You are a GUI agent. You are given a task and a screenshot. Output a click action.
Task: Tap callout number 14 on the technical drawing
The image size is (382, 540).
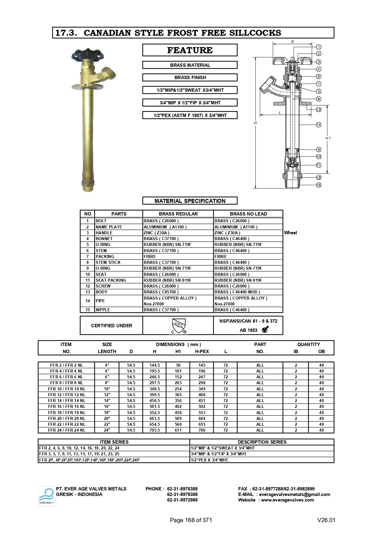[x=319, y=125]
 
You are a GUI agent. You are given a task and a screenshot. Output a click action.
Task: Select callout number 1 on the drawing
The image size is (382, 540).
[x=319, y=47]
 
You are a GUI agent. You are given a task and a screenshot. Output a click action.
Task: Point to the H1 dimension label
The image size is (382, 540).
[x=328, y=138]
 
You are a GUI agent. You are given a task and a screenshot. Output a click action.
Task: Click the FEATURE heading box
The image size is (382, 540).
[x=190, y=50]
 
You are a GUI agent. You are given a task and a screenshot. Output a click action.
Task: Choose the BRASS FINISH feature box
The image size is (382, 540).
[x=190, y=78]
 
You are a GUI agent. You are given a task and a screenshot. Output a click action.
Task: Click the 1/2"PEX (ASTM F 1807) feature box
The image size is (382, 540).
[x=190, y=115]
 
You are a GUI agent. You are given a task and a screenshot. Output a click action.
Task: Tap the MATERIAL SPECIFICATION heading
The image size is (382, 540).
[x=190, y=201]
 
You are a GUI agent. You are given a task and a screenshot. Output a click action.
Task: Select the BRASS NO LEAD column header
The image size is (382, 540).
[x=248, y=214]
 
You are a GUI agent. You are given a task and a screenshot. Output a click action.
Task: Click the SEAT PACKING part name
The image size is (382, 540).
[x=111, y=280]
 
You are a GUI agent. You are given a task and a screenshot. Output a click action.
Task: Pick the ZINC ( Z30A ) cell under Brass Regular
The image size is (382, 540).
[x=157, y=233]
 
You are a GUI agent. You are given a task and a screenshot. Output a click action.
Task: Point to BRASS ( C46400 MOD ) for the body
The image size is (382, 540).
[x=237, y=292]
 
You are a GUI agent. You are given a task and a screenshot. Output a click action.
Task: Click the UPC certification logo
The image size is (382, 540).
[x=179, y=326]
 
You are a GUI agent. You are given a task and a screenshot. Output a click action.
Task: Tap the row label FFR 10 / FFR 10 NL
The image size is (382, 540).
[x=67, y=389]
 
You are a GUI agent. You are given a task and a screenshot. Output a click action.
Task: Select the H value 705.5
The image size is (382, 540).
[x=155, y=430]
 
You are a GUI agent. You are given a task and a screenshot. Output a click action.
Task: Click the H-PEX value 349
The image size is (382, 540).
[x=202, y=389]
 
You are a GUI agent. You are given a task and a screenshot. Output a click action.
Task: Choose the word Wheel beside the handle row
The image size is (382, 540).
[x=291, y=233]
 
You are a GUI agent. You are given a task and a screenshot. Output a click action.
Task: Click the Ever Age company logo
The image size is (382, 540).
[x=47, y=496]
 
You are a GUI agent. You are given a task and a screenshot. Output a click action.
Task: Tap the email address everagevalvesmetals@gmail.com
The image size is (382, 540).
[x=295, y=494]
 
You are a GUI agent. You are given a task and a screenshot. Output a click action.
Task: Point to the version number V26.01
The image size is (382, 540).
[x=326, y=520]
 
